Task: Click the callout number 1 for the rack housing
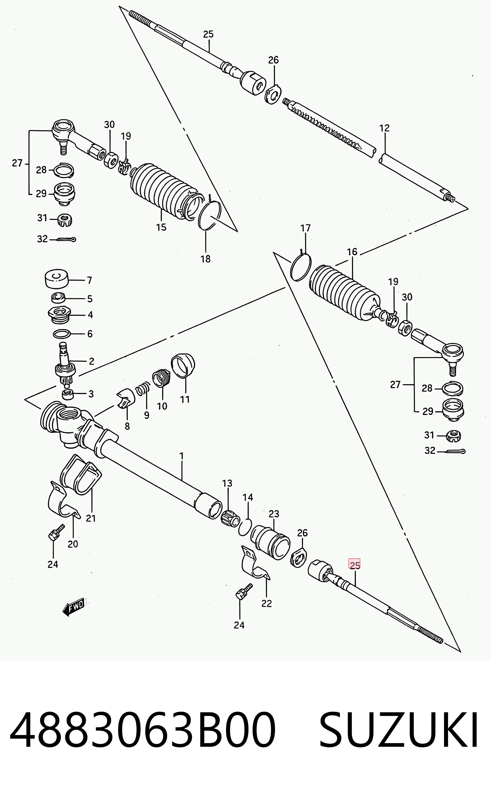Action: coord(181,456)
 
